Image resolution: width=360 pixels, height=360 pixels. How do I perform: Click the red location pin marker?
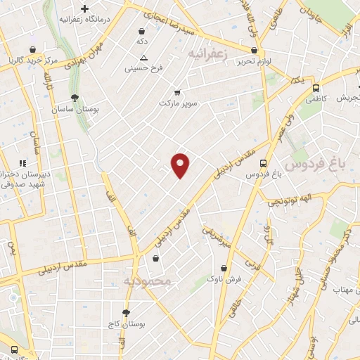point(181,165)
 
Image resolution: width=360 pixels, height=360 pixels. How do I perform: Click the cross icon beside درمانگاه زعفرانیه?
point(85,9)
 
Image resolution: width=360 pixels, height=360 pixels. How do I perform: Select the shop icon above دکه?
point(143,31)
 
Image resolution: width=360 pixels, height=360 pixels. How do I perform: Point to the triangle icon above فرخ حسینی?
point(143,58)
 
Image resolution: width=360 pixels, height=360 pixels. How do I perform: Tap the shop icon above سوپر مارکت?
point(176,92)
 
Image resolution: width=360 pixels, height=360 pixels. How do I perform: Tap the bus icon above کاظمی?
point(316,89)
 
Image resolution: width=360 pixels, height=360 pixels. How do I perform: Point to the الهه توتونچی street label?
point(288,202)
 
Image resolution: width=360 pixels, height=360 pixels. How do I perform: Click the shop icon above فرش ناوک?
point(224,268)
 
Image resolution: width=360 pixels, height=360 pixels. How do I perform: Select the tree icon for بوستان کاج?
point(126,312)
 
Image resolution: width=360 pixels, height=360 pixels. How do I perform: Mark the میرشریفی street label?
point(217,237)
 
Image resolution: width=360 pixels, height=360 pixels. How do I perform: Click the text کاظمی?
point(316,101)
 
